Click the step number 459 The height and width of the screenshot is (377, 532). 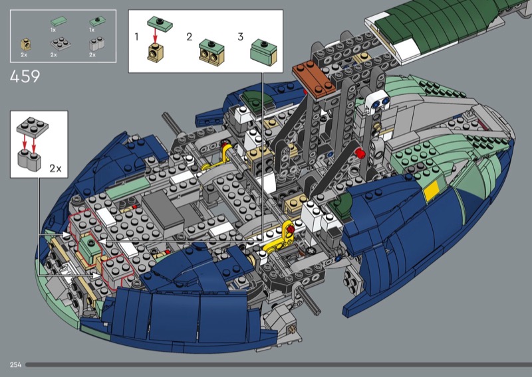[x=25, y=76]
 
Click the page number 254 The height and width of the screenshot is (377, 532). [x=15, y=364]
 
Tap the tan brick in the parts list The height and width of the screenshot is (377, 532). [x=26, y=44]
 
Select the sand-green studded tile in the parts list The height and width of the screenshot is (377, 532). [x=97, y=22]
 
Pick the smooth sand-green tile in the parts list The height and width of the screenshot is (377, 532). [x=59, y=21]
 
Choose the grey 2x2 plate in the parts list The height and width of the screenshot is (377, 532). [x=61, y=44]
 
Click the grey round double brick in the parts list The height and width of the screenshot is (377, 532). [x=96, y=44]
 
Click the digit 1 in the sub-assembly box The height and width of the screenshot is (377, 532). [x=136, y=37]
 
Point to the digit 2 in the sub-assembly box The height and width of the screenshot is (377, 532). [x=190, y=37]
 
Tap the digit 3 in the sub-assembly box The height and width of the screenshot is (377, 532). [x=241, y=37]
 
